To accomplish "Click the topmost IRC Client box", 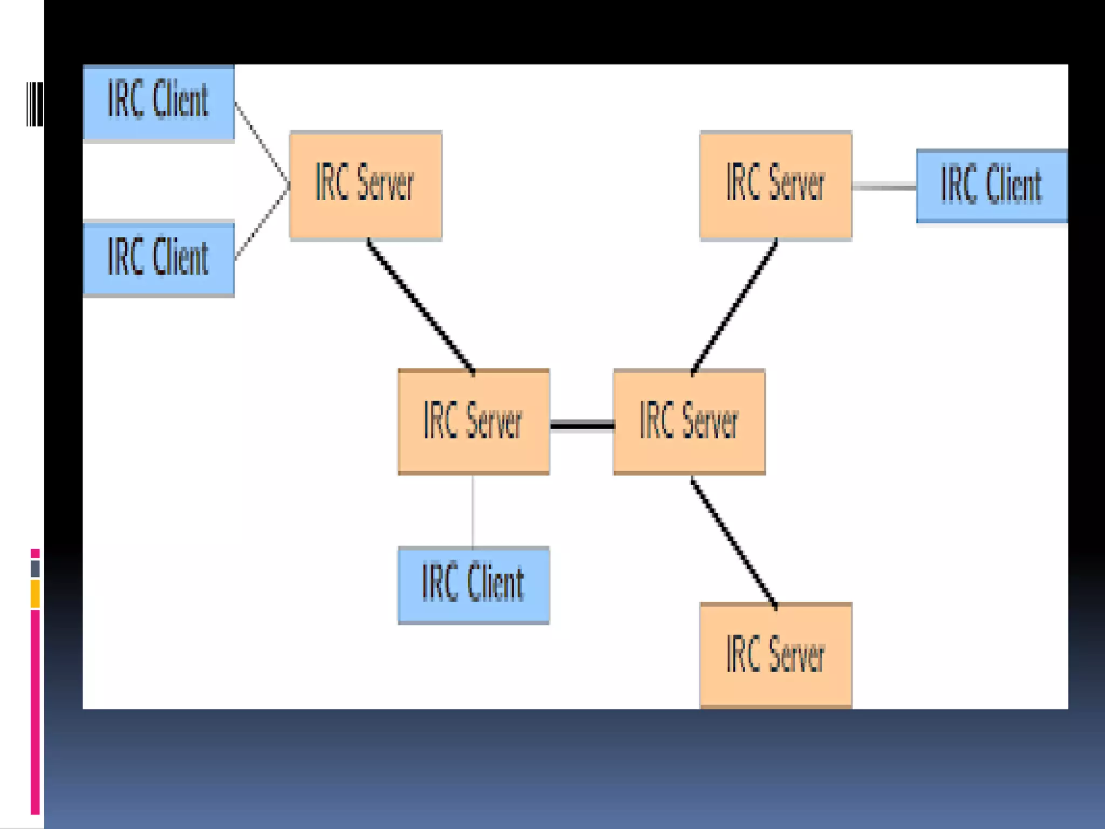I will pos(159,102).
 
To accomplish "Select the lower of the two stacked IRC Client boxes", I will pos(159,258).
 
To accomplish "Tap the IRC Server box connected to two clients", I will pos(365,185).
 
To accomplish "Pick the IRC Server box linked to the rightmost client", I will pos(775,185).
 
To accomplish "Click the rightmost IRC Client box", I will pos(992,186).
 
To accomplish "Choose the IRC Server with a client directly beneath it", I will pos(473,422).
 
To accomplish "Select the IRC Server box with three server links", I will pos(689,422).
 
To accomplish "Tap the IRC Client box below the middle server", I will pos(473,585).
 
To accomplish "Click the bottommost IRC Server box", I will pos(775,654).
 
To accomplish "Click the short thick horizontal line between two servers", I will pos(582,426).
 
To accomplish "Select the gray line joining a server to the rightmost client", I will pos(884,187).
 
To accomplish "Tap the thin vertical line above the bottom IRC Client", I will pos(473,511).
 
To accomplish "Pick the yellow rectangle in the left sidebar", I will pos(35,594).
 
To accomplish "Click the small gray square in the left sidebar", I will pos(35,568).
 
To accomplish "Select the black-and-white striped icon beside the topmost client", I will pos(35,104).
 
